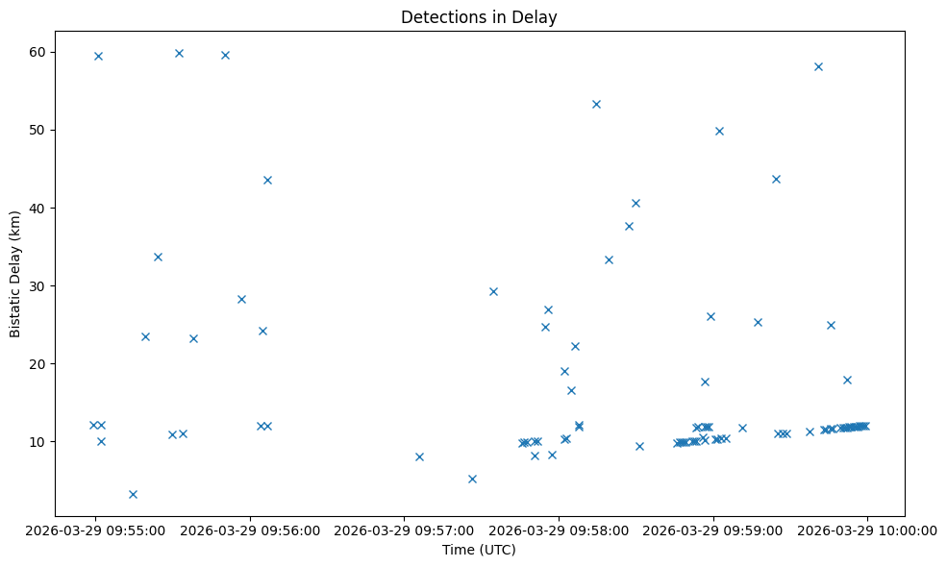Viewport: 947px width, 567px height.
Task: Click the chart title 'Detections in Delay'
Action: (479, 17)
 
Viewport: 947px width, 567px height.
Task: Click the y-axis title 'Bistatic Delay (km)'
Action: (15, 274)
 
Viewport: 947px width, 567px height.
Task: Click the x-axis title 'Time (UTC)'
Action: (479, 550)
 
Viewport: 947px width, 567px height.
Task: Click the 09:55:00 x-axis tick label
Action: (94, 529)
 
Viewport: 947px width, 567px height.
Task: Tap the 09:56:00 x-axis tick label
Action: (249, 529)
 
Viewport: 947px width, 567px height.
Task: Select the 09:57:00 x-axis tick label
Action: (404, 529)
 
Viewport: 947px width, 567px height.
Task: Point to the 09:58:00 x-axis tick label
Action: (559, 529)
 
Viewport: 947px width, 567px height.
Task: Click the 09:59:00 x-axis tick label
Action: (713, 529)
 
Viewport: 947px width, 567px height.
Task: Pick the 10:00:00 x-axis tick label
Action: (868, 529)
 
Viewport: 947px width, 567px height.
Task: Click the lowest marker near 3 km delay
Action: (133, 494)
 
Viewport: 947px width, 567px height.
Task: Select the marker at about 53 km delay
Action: (596, 104)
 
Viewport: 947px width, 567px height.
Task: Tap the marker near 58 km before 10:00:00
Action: (818, 66)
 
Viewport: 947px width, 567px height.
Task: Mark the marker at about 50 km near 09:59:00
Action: (719, 131)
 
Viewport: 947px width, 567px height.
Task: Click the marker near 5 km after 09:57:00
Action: (472, 479)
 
